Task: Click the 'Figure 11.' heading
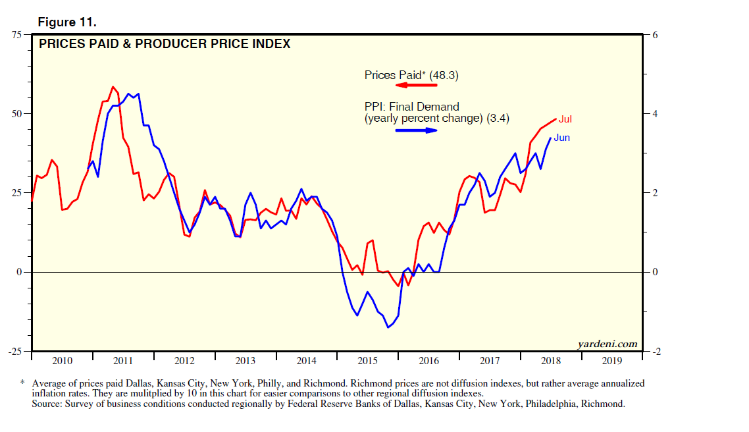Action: click(x=68, y=22)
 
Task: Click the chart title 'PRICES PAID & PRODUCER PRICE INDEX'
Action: click(x=165, y=45)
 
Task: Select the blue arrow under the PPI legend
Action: click(x=416, y=130)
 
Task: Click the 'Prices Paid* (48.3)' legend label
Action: click(x=411, y=75)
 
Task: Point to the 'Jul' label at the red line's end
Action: click(x=565, y=119)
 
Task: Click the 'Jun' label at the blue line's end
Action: click(x=561, y=138)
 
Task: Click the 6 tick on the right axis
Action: click(x=654, y=34)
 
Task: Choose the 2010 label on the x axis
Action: click(x=62, y=361)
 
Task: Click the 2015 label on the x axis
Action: click(x=367, y=361)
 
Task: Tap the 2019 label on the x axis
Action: click(x=611, y=361)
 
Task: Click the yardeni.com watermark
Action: click(x=607, y=344)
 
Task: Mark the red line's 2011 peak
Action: click(x=113, y=87)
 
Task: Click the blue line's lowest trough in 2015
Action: click(x=388, y=327)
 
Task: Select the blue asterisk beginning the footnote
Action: click(x=22, y=382)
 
